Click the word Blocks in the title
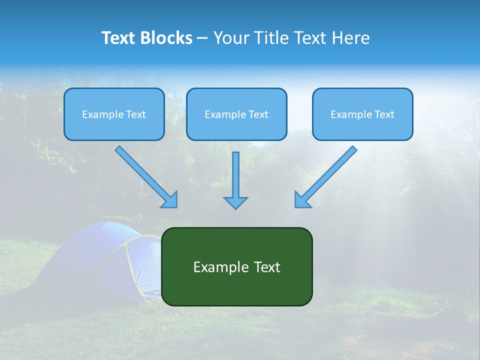pyautogui.click(x=168, y=38)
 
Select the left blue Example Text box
pyautogui.click(x=114, y=114)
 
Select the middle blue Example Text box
pyautogui.click(x=236, y=114)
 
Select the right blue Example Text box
pyautogui.click(x=362, y=114)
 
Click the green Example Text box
pyautogui.click(x=237, y=266)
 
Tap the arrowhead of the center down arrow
pyautogui.click(x=235, y=202)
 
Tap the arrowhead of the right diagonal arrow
pyautogui.click(x=302, y=199)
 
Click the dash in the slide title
pyautogui.click(x=202, y=38)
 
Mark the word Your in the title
pyautogui.click(x=230, y=38)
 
